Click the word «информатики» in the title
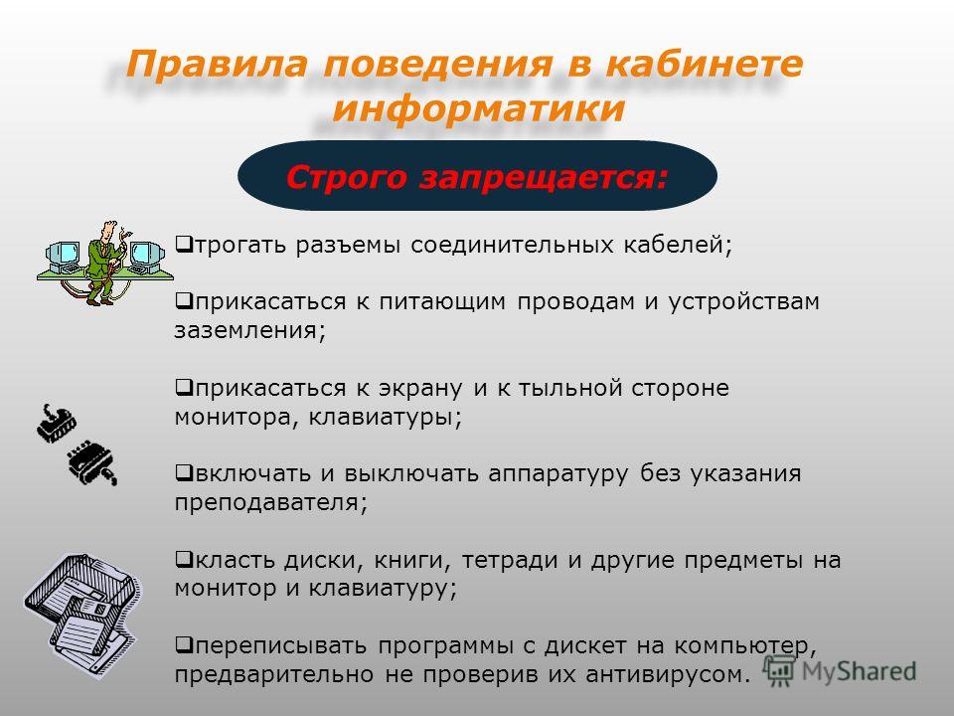click(x=479, y=107)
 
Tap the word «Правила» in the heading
click(x=217, y=64)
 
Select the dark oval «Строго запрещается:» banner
click(x=478, y=176)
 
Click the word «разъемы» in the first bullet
click(x=348, y=245)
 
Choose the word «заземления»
click(x=246, y=330)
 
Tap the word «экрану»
click(x=419, y=389)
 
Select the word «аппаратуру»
click(x=557, y=474)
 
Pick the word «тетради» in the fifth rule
click(x=509, y=560)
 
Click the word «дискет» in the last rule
click(x=584, y=645)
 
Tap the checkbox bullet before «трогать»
click(x=183, y=245)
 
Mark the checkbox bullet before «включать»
click(x=183, y=472)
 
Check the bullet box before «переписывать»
click(x=183, y=644)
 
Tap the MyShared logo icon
click(x=779, y=670)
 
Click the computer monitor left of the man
click(x=64, y=256)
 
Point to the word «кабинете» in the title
click(x=704, y=64)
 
